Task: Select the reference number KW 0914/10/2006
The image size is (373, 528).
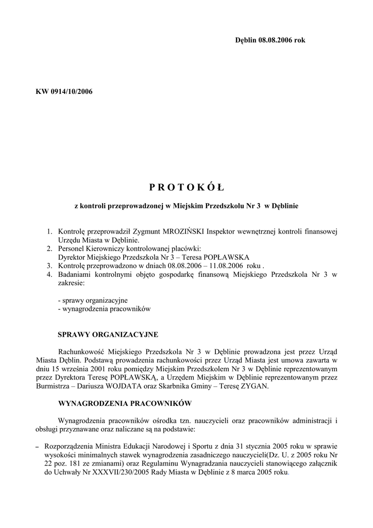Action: pos(64,92)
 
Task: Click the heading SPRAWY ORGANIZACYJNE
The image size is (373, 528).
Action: pos(108,334)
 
